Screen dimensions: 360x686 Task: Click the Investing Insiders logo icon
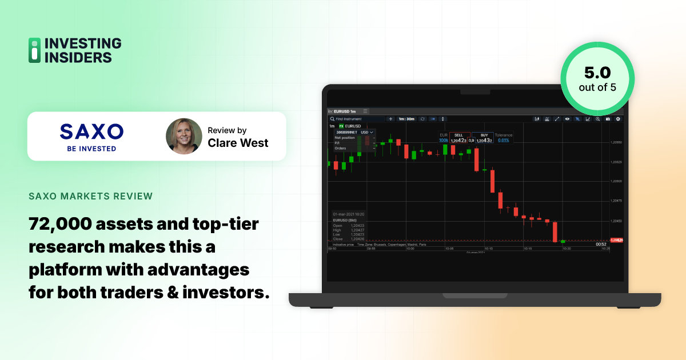[35, 50]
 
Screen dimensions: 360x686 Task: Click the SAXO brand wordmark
[91, 132]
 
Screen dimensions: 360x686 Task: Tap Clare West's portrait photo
[184, 137]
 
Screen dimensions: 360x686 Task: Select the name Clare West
[238, 143]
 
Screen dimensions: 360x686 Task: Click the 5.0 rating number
[597, 73]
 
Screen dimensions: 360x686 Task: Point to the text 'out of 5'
[597, 88]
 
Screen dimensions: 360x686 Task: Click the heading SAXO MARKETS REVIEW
[90, 197]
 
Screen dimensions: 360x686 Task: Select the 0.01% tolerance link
[503, 140]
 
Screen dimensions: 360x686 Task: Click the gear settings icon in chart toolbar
[617, 119]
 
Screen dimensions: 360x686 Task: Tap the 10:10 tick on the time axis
[488, 249]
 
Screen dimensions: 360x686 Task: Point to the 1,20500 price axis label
[616, 181]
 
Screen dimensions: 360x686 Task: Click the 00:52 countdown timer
[601, 244]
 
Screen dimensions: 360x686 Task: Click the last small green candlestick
[563, 241]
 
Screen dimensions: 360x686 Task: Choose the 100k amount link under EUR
[444, 140]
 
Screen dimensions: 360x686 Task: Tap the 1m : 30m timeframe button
[406, 119]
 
